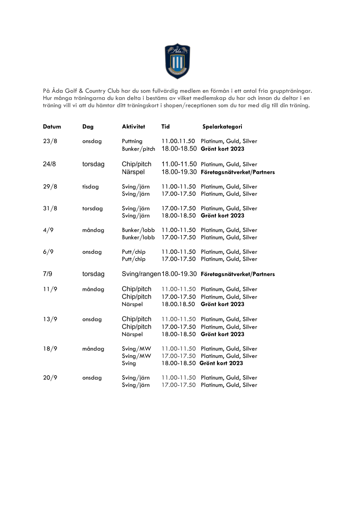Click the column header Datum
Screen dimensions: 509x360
pyautogui.click(x=52, y=127)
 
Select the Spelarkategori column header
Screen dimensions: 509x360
pyautogui.click(x=222, y=127)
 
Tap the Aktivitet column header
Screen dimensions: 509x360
pyautogui.click(x=133, y=127)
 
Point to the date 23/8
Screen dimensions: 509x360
pyautogui.click(x=50, y=141)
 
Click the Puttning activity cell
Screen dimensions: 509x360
pyautogui.click(x=132, y=141)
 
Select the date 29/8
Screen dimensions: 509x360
pyautogui.click(x=50, y=186)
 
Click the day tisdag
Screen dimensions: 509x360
pyautogui.click(x=91, y=186)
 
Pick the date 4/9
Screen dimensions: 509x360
pyautogui.click(x=48, y=230)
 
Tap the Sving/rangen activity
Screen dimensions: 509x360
pyautogui.click(x=141, y=274)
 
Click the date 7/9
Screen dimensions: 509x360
pyautogui.click(x=48, y=274)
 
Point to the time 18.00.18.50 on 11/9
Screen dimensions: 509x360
pyautogui.click(x=179, y=304)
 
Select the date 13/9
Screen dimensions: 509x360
pyautogui.click(x=50, y=319)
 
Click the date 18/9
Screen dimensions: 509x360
pyautogui.click(x=50, y=349)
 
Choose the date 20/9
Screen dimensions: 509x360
pyautogui.click(x=50, y=378)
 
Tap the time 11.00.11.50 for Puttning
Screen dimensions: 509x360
pyautogui.click(x=179, y=141)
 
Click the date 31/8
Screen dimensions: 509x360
pyautogui.click(x=50, y=208)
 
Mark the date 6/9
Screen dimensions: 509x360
pyautogui.click(x=48, y=252)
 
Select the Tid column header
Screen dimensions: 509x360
pyautogui.click(x=166, y=127)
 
